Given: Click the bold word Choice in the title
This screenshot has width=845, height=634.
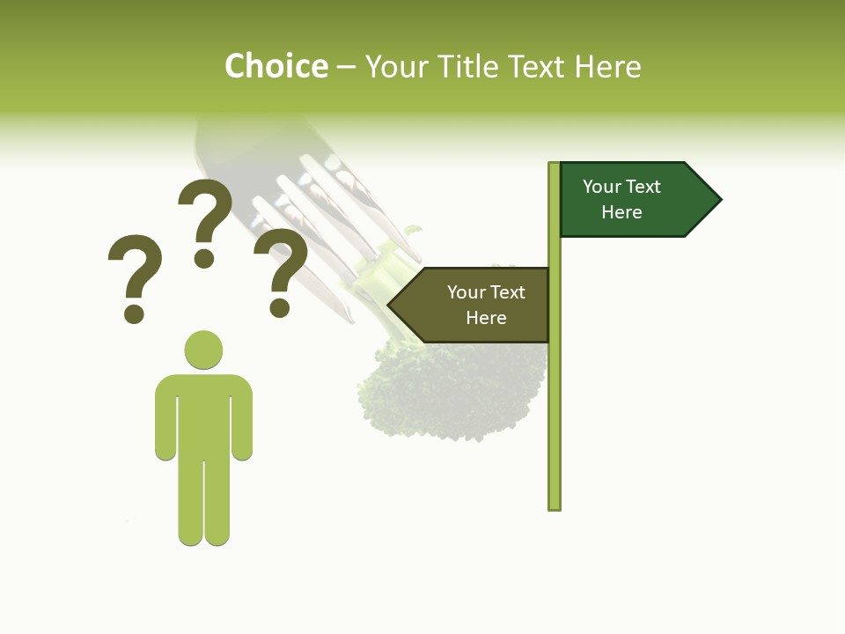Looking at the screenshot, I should (x=276, y=66).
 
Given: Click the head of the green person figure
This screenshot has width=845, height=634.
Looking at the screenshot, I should (x=203, y=349).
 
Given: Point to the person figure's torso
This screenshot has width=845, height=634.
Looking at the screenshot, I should (x=203, y=414).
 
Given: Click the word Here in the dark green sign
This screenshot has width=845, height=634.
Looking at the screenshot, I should (x=621, y=212).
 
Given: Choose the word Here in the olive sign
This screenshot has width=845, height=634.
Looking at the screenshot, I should (x=486, y=318).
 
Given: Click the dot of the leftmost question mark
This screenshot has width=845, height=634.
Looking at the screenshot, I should (x=134, y=313).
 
